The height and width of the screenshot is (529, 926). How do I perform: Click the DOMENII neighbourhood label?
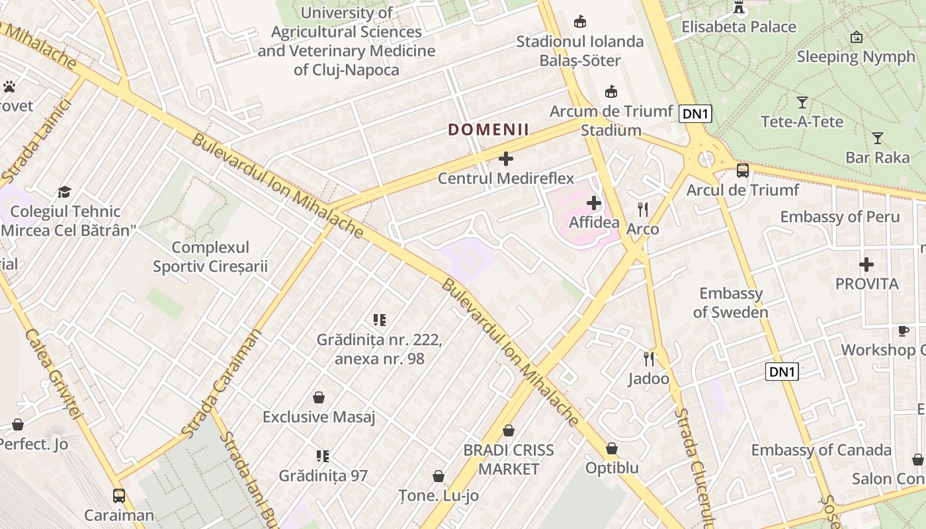pyautogui.click(x=489, y=130)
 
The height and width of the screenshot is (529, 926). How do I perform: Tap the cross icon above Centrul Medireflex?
pyautogui.click(x=506, y=159)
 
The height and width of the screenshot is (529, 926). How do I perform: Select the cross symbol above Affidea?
pyautogui.click(x=594, y=203)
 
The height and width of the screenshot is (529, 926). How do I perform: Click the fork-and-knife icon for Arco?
pyautogui.click(x=643, y=210)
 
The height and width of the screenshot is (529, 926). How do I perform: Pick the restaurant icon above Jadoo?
pyautogui.click(x=649, y=359)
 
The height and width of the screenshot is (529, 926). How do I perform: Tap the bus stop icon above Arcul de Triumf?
pyautogui.click(x=743, y=171)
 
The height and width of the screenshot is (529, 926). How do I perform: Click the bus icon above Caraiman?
pyautogui.click(x=119, y=495)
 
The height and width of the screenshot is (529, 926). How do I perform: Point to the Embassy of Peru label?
pyautogui.click(x=840, y=217)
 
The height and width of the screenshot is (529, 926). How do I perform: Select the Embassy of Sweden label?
pyautogui.click(x=731, y=303)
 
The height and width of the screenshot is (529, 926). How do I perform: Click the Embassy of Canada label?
pyautogui.click(x=821, y=450)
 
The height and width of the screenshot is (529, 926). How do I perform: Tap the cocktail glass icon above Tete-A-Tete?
pyautogui.click(x=802, y=102)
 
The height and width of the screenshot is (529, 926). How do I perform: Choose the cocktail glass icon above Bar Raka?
pyautogui.click(x=878, y=138)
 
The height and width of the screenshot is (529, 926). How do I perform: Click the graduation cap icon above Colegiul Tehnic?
pyautogui.click(x=64, y=192)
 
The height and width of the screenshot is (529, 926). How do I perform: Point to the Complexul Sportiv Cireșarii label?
pyautogui.click(x=210, y=257)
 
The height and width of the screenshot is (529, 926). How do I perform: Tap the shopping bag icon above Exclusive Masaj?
pyautogui.click(x=319, y=397)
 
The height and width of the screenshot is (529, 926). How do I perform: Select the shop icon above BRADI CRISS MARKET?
pyautogui.click(x=509, y=431)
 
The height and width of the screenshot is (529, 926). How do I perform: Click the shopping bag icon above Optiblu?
pyautogui.click(x=612, y=448)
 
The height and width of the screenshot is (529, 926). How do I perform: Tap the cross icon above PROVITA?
pyautogui.click(x=866, y=265)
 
